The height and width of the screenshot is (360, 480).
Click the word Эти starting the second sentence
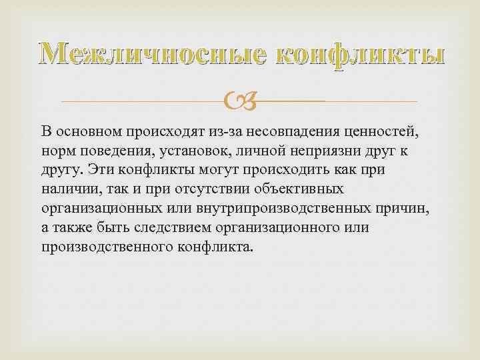[x=98, y=170]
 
